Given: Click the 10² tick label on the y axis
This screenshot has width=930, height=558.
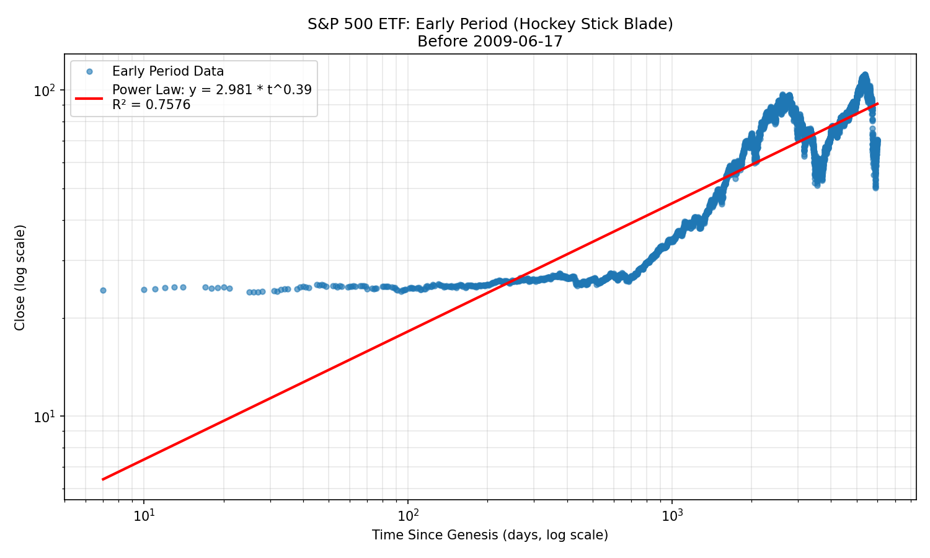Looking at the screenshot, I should pyautogui.click(x=45, y=91).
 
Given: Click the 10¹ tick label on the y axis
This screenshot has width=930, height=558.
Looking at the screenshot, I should pyautogui.click(x=45, y=417).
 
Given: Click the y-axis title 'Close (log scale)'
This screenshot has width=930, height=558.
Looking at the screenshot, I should pyautogui.click(x=20, y=277).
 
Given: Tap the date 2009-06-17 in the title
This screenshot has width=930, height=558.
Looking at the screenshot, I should pyautogui.click(x=521, y=42).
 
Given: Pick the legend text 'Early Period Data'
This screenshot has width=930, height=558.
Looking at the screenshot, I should pyautogui.click(x=167, y=72).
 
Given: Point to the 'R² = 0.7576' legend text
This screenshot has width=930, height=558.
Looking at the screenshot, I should pyautogui.click(x=151, y=105).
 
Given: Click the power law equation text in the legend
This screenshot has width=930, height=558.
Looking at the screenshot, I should pyautogui.click(x=211, y=90).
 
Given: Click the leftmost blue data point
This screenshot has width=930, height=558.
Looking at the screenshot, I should pyautogui.click(x=103, y=290).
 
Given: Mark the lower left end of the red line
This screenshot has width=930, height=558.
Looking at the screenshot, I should pyautogui.click(x=103, y=479).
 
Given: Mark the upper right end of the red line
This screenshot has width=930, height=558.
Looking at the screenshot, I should pyautogui.click(x=877, y=104).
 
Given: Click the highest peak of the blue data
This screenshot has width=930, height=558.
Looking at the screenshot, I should pyautogui.click(x=864, y=75).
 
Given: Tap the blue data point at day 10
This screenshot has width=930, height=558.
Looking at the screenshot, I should pyautogui.click(x=144, y=290).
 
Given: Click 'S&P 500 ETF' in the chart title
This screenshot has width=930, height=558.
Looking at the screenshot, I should pyautogui.click(x=359, y=24).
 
